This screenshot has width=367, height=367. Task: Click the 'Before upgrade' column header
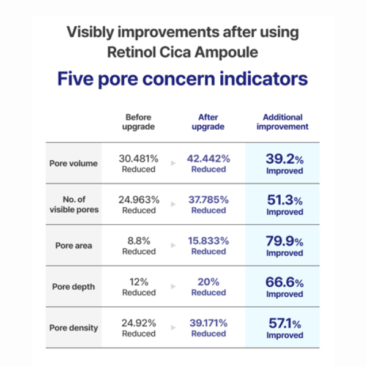(138, 122)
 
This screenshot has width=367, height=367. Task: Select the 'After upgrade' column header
(208, 122)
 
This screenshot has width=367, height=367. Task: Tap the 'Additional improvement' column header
(283, 122)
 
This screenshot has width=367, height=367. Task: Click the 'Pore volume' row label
(73, 163)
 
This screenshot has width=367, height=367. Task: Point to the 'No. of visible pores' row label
(74, 204)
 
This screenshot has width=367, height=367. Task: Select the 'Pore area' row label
(74, 245)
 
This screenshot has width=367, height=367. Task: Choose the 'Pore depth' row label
(73, 287)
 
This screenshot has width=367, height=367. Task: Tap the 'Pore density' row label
(74, 328)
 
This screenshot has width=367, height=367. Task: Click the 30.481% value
(139, 158)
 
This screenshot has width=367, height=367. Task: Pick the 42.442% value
(209, 158)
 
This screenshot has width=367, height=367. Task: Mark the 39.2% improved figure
(284, 159)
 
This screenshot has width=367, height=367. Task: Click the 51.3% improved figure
(285, 201)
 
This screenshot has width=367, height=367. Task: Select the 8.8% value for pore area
(139, 241)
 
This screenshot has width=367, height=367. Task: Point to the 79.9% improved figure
(284, 242)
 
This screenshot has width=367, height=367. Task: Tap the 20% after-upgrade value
(209, 282)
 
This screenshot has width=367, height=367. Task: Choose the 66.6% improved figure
(284, 282)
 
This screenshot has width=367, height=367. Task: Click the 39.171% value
(209, 323)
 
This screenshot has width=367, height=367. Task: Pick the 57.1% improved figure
(285, 324)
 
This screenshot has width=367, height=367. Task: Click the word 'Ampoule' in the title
(226, 52)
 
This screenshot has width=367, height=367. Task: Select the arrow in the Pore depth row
(173, 286)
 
